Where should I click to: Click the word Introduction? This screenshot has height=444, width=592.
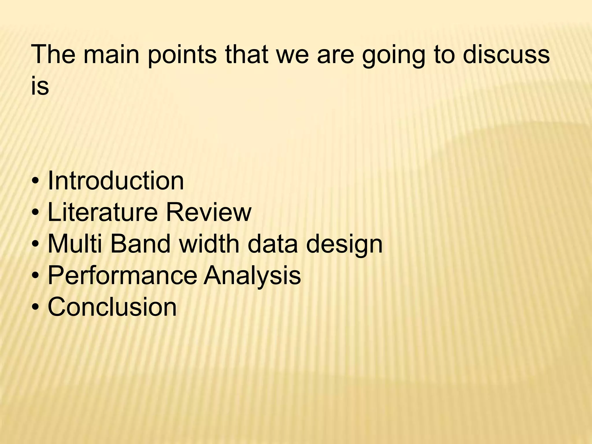(x=116, y=181)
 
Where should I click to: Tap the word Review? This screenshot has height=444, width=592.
(x=208, y=212)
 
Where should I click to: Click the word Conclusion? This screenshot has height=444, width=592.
(x=112, y=307)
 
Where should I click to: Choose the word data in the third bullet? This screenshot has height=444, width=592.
(x=273, y=244)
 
